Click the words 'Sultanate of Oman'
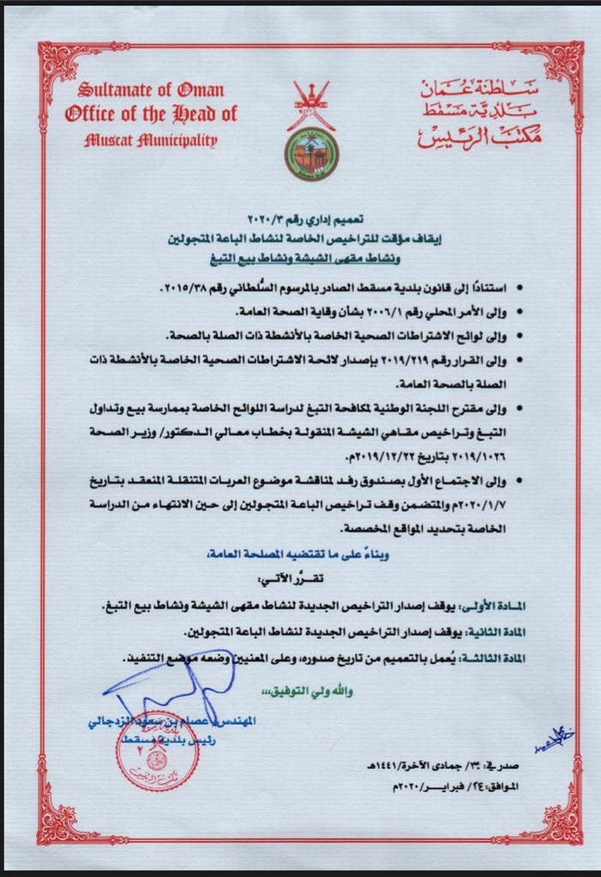coord(151,90)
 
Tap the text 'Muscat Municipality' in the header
coord(151,140)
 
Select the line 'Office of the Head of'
coord(151,114)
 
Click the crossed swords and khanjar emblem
coord(311,104)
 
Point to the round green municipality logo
coord(311,154)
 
